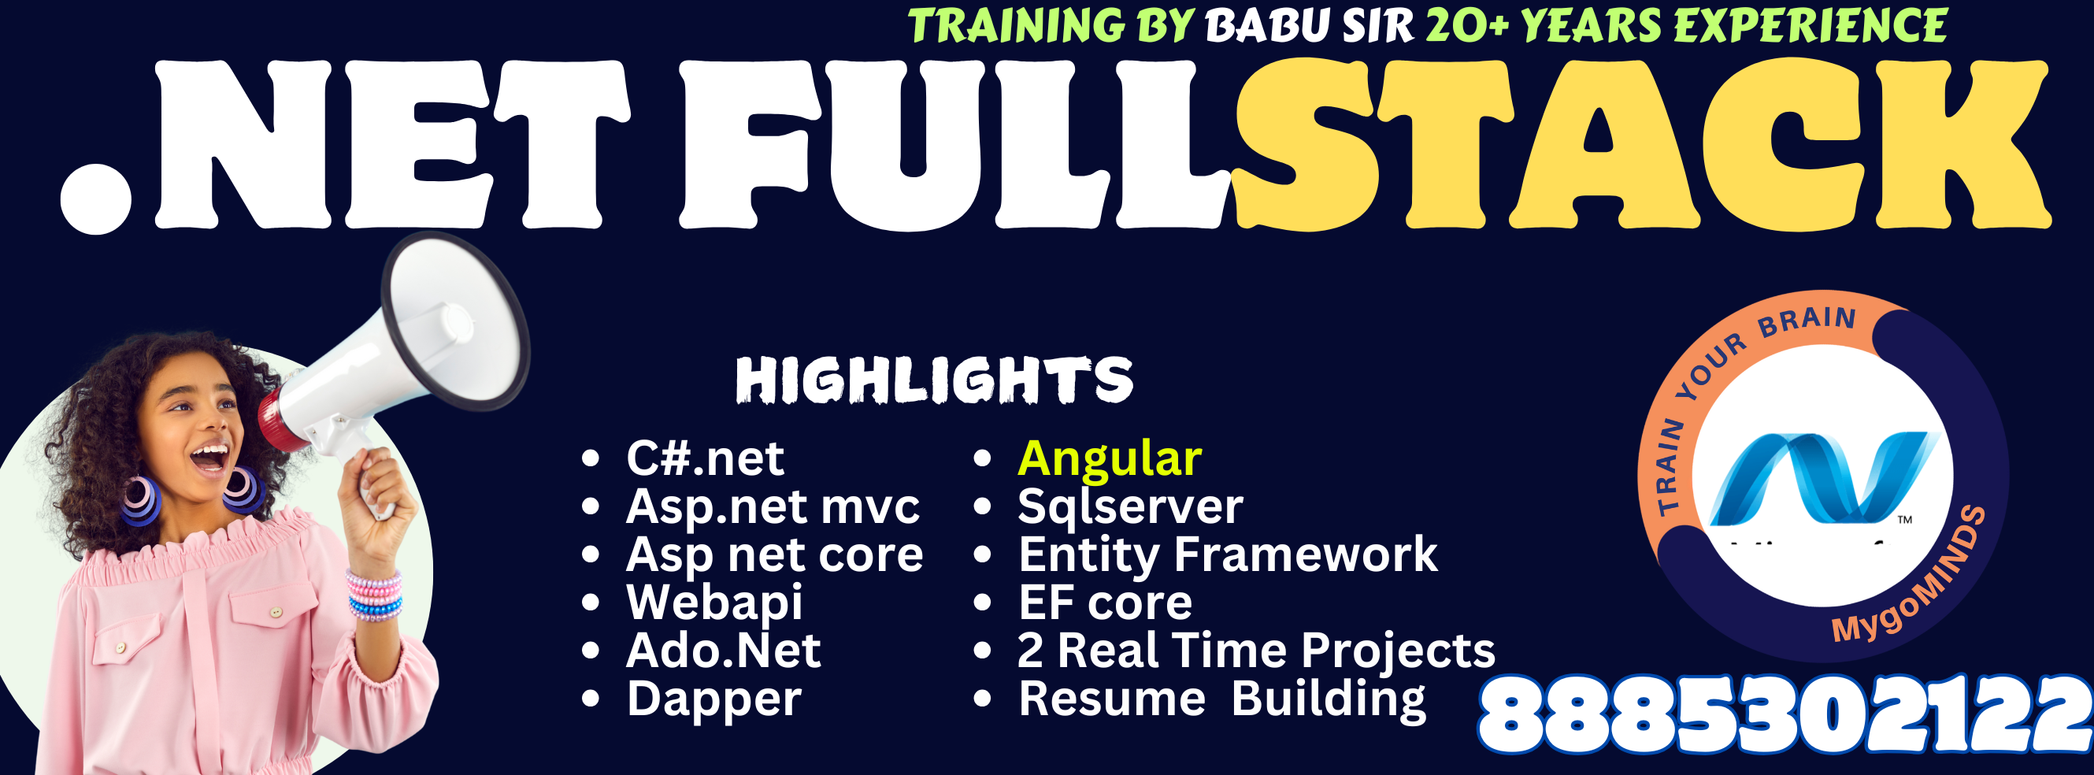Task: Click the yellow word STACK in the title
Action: (x=1640, y=145)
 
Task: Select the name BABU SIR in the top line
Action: (x=1310, y=26)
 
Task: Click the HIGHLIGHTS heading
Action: (x=934, y=380)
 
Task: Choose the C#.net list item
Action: (x=705, y=458)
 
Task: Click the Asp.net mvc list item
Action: (x=773, y=506)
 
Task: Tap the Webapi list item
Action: (x=714, y=603)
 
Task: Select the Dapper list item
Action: (x=713, y=699)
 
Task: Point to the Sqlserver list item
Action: (x=1130, y=507)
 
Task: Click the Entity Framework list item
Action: (x=1228, y=554)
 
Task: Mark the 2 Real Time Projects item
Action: (x=1256, y=651)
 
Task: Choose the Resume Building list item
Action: (x=1221, y=699)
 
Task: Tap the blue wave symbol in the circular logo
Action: (x=1822, y=478)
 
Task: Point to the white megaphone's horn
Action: (x=455, y=320)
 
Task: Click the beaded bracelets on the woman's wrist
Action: (x=375, y=596)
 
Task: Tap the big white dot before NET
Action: (x=96, y=198)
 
